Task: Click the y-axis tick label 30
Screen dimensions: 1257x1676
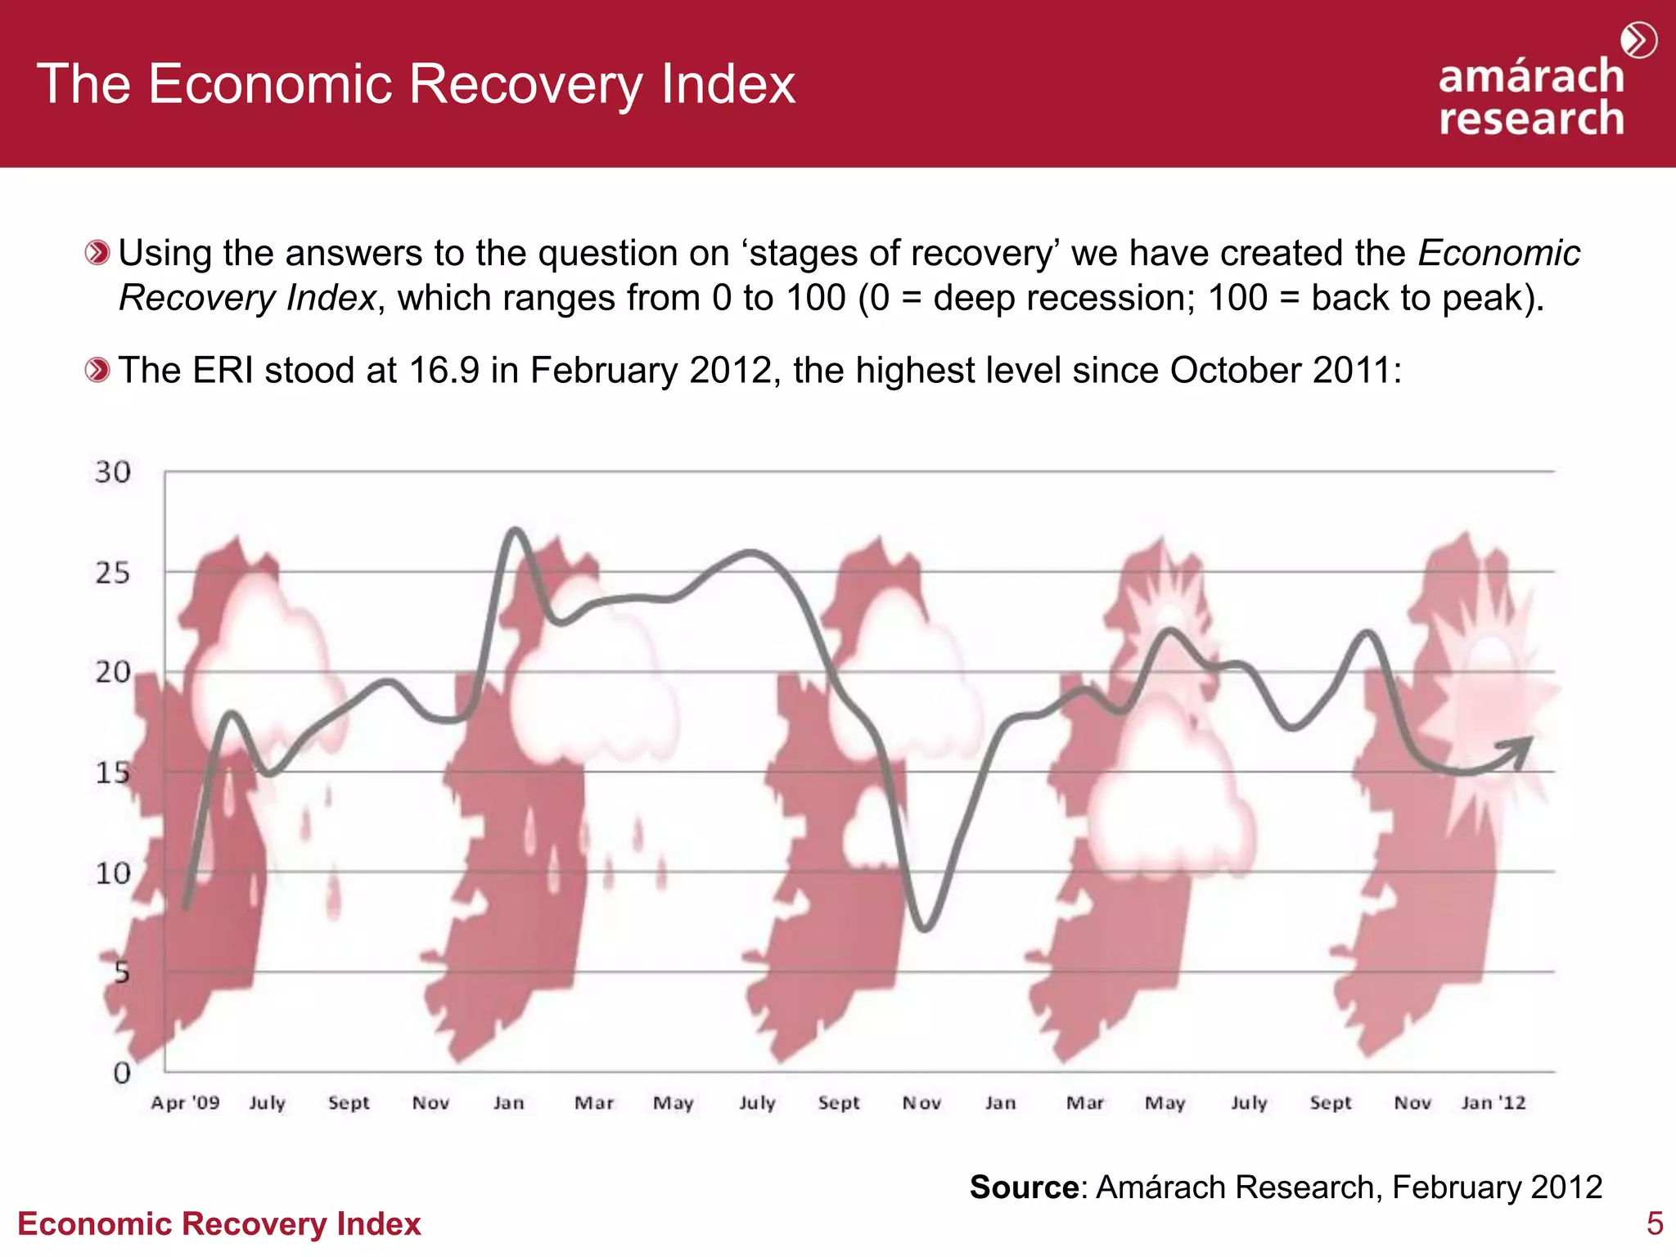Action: tap(112, 472)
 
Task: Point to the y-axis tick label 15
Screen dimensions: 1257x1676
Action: tap(112, 773)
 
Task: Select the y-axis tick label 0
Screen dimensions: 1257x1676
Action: tap(121, 1073)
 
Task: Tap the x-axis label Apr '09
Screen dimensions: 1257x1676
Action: tap(185, 1103)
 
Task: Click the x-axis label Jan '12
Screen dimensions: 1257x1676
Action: tap(1494, 1103)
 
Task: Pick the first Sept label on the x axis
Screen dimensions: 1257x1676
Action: tap(349, 1103)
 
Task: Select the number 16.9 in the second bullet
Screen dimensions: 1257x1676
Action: tap(444, 371)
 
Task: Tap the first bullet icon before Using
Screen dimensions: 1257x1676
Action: tap(97, 253)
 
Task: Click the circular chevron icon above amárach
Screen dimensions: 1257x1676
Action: tap(1638, 41)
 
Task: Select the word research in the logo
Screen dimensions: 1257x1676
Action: tap(1531, 119)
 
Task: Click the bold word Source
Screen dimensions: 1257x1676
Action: tap(1024, 1187)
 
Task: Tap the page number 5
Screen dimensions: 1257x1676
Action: tap(1654, 1223)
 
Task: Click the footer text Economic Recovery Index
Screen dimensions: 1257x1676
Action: tap(219, 1224)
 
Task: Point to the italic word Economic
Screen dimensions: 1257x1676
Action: tap(1498, 253)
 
